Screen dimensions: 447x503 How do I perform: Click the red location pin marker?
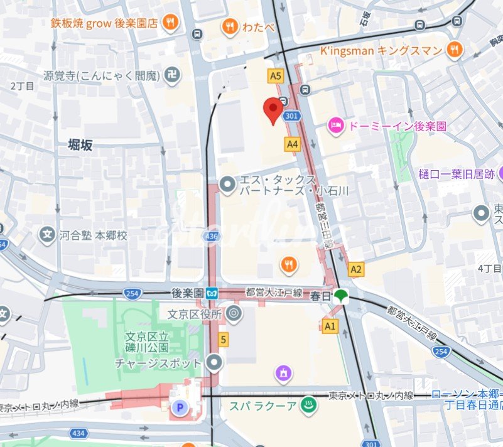273,110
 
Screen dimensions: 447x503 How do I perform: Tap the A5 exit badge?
275,76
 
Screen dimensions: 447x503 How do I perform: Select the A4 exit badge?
292,144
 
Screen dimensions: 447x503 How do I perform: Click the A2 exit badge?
356,269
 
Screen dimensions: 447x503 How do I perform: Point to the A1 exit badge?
330,325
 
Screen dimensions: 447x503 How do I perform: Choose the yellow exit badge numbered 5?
223,340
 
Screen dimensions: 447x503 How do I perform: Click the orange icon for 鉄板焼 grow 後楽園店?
170,23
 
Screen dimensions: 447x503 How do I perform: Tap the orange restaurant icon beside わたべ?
230,26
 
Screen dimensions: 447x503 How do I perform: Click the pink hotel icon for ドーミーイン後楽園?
336,126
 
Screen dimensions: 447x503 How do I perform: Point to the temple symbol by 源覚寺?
170,76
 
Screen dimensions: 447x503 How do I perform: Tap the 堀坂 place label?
80,145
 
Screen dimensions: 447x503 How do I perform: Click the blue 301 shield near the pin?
291,116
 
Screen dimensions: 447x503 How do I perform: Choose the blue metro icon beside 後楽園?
213,293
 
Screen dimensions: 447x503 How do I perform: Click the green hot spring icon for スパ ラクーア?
309,405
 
